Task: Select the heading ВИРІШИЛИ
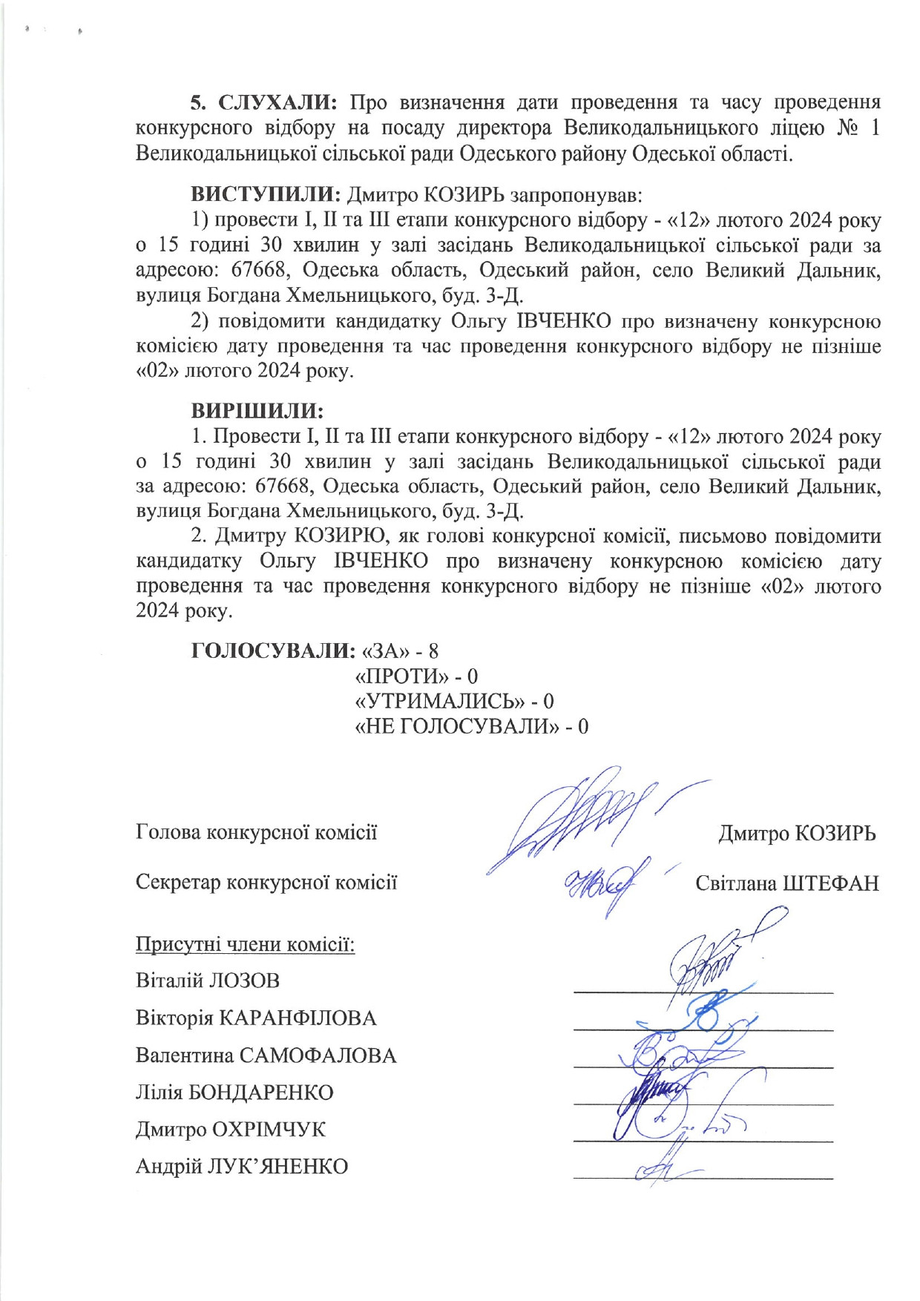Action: (x=257, y=410)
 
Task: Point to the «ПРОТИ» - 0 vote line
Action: (x=417, y=676)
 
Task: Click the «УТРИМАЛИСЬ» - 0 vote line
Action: (x=455, y=701)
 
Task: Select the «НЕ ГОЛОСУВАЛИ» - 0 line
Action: (x=473, y=725)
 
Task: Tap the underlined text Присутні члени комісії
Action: (x=245, y=944)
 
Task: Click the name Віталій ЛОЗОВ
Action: (x=208, y=981)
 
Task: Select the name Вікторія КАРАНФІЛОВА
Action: (x=256, y=1018)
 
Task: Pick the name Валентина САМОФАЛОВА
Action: (x=266, y=1055)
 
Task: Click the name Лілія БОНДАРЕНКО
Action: (x=234, y=1092)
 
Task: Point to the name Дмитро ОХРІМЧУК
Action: (x=231, y=1129)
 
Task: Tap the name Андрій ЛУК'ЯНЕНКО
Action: (x=242, y=1166)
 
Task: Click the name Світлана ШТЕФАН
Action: (x=786, y=883)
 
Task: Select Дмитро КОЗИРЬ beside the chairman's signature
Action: (x=797, y=833)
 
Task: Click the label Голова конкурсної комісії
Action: (x=256, y=832)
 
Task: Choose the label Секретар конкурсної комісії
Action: (x=266, y=882)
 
